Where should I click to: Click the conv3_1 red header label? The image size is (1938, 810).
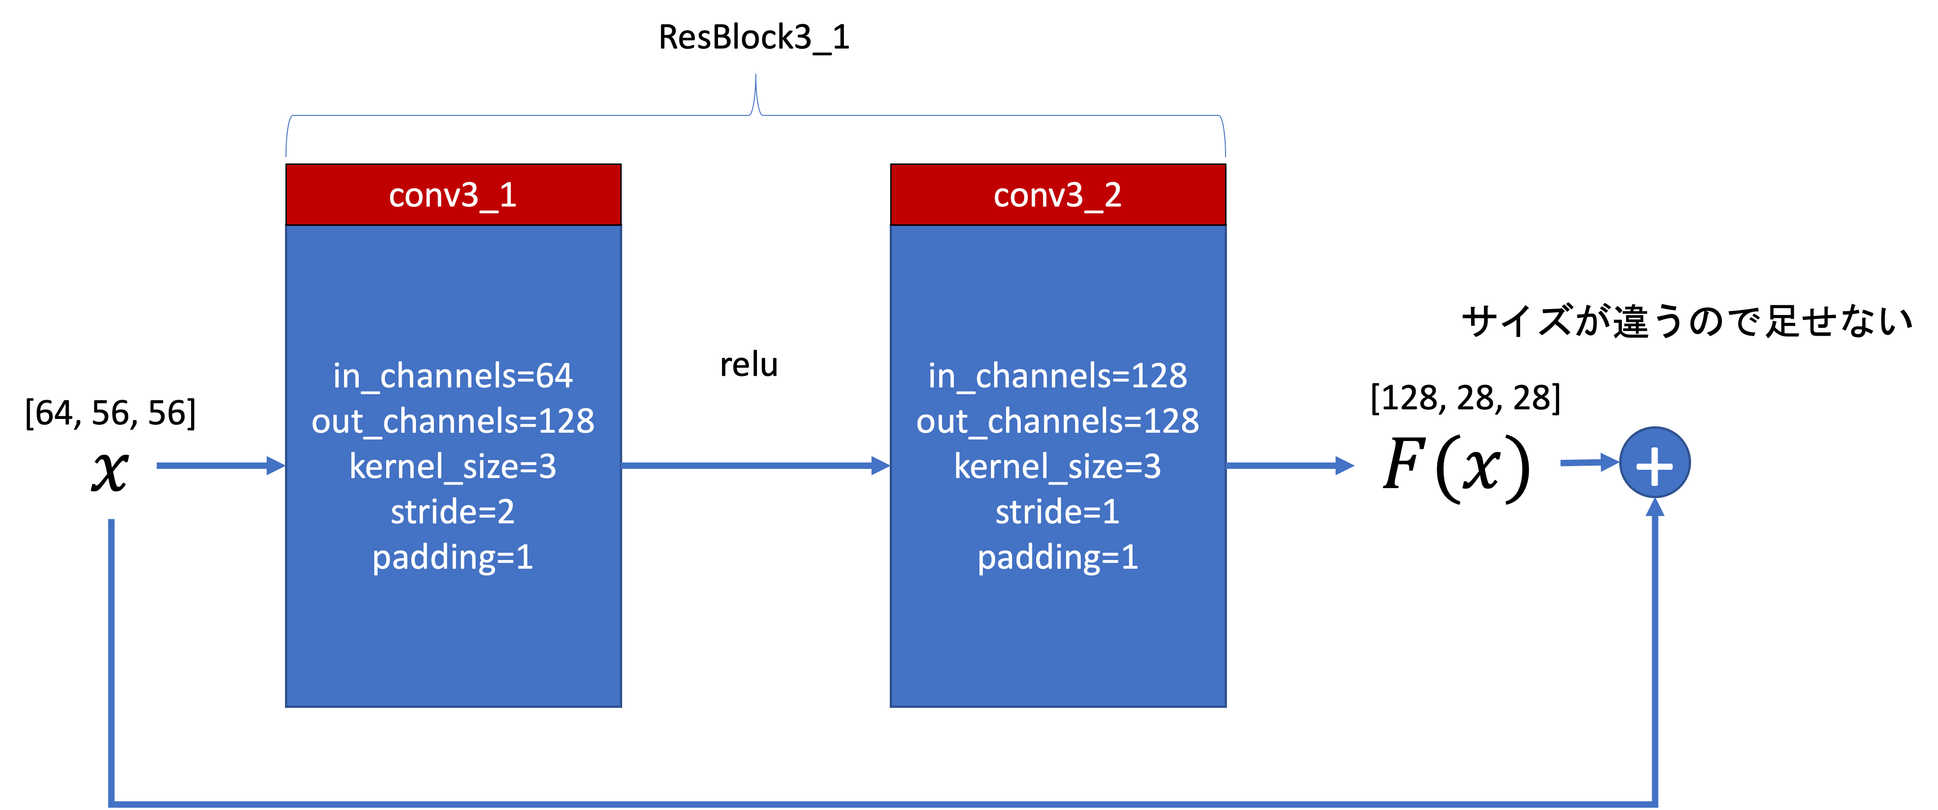pos(453,195)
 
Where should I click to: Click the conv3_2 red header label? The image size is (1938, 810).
pos(1058,195)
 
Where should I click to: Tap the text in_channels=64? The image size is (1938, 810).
pos(453,375)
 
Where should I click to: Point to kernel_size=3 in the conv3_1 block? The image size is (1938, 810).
pos(453,466)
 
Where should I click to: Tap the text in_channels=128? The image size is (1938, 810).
pos(1058,375)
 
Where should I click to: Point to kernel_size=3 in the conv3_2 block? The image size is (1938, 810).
pos(1058,466)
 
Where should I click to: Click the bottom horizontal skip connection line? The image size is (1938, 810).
pos(880,804)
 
